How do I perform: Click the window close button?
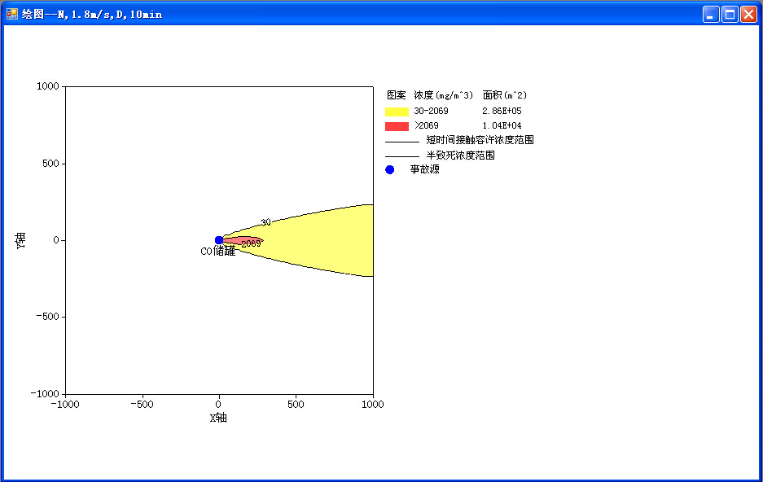(748, 14)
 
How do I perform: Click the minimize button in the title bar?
(711, 14)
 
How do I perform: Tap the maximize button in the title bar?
(730, 14)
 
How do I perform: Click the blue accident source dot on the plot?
(219, 240)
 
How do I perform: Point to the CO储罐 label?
(218, 251)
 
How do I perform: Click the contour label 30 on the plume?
(265, 222)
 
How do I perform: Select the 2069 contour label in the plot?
(251, 243)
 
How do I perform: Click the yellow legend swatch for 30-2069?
(397, 112)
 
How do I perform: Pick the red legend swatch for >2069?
(397, 126)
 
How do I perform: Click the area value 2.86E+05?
(502, 111)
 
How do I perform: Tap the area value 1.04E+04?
(502, 125)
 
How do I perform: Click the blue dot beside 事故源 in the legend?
(390, 169)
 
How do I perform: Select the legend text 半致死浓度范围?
(460, 156)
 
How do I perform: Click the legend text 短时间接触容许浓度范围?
(480, 140)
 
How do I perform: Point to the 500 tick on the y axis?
(50, 164)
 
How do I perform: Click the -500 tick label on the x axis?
(142, 404)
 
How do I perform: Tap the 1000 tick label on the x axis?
(373, 404)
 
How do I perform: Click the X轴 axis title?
(218, 418)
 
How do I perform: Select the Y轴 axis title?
(20, 240)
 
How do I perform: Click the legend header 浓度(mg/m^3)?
(443, 95)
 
